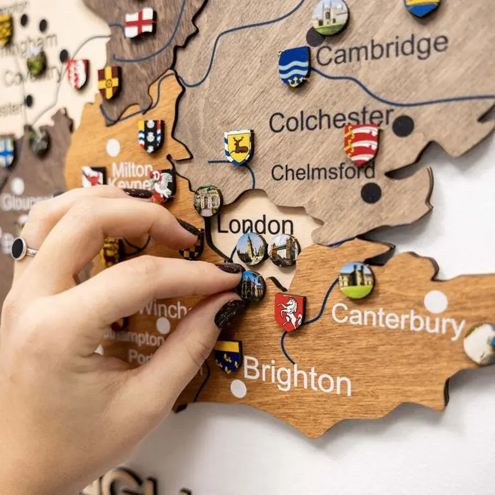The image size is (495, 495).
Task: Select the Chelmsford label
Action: [x=323, y=172]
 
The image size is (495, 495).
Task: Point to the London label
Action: [x=255, y=225]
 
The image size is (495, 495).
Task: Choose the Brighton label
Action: [x=297, y=377]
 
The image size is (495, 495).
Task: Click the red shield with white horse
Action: [x=290, y=312]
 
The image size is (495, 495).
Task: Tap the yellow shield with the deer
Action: [x=239, y=147]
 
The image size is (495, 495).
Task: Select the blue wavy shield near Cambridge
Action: [x=294, y=67]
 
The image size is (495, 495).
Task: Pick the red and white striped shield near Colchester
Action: [x=361, y=144]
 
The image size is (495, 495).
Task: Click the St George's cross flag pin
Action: [x=139, y=22]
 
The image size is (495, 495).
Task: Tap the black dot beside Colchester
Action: [x=403, y=126]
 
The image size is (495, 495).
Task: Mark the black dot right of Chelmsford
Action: [x=371, y=193]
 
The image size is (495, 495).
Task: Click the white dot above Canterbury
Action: [x=436, y=301]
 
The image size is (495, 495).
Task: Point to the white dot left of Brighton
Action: [x=239, y=389]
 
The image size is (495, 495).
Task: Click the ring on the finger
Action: [x=22, y=249]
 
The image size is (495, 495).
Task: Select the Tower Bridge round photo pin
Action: [x=284, y=250]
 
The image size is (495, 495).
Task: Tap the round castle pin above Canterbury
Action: [x=356, y=281]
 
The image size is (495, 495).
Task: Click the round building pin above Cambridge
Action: [x=330, y=17]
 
